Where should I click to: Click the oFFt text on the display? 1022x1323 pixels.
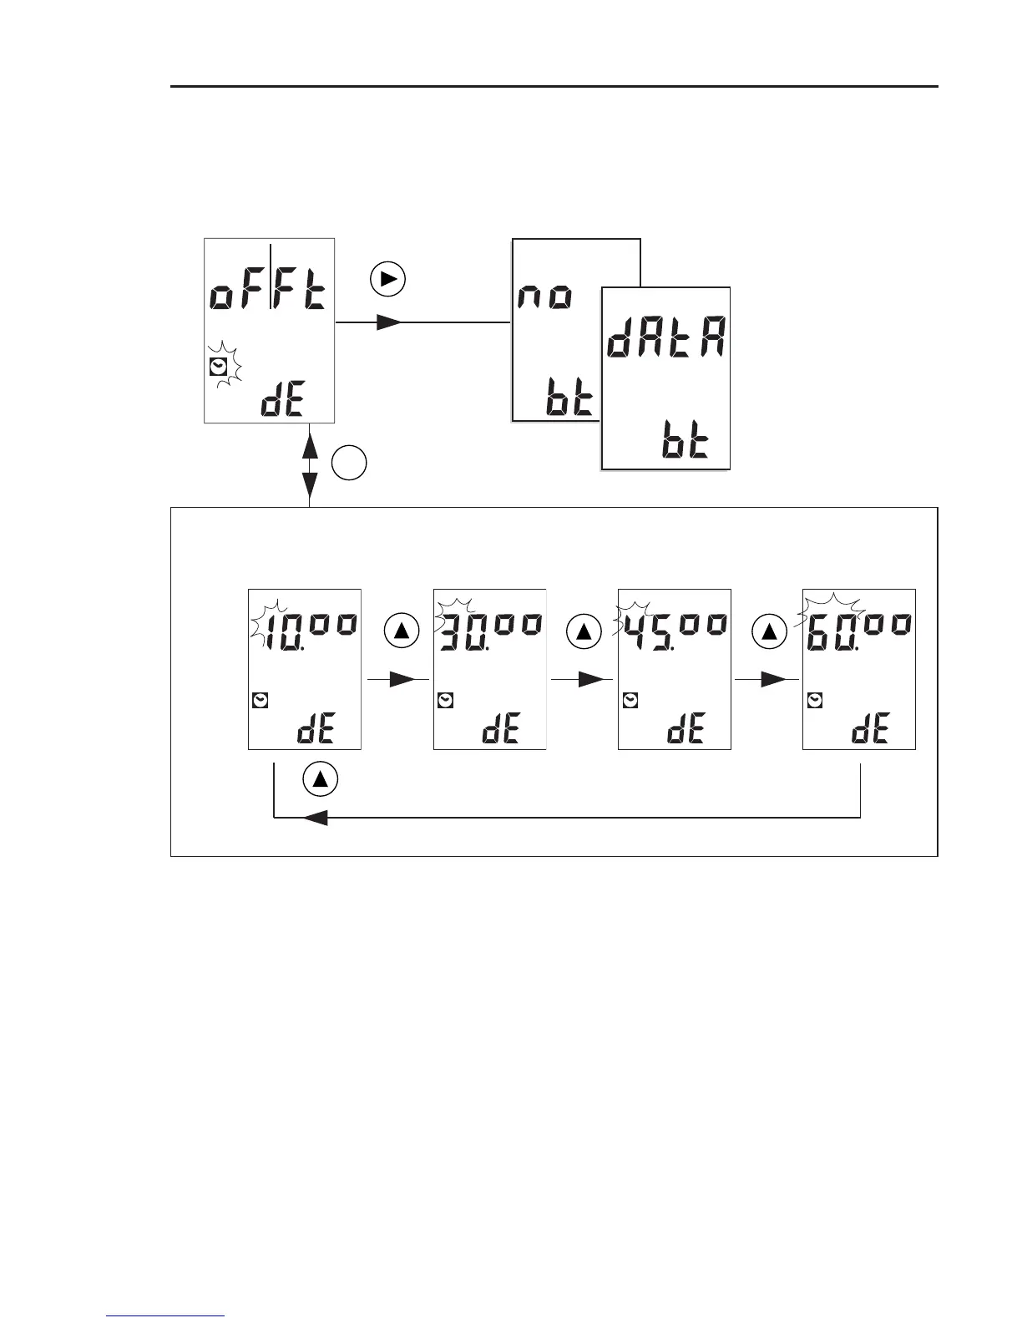[x=269, y=294]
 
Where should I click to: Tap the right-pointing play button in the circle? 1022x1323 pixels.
[x=388, y=280]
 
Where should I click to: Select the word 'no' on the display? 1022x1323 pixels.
[x=546, y=297]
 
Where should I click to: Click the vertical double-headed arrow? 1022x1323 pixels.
[x=310, y=464]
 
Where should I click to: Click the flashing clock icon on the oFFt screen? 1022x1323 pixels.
[x=219, y=366]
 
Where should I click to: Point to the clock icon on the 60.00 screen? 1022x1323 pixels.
[x=815, y=701]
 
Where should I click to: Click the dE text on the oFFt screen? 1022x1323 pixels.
[x=282, y=403]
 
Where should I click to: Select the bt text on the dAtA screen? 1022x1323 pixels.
[x=685, y=443]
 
